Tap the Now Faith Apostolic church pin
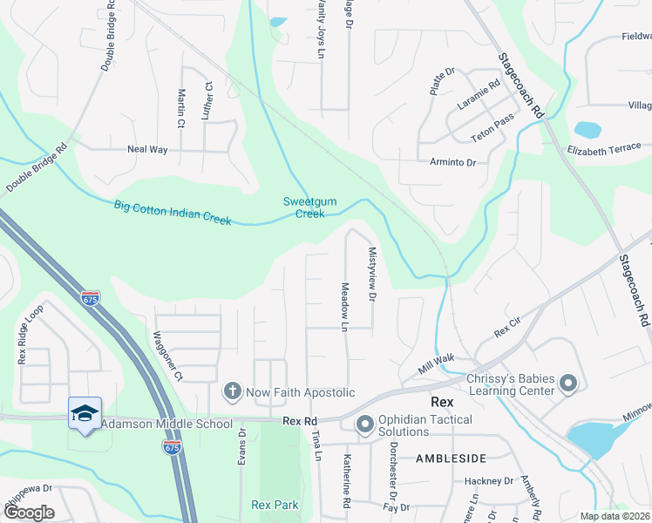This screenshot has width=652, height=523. [x=232, y=392]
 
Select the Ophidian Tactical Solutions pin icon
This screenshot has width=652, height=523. [x=364, y=425]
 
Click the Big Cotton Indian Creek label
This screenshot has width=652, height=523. [x=173, y=213]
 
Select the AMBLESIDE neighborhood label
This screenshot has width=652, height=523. [x=450, y=458]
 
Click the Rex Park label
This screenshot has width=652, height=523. [x=275, y=505]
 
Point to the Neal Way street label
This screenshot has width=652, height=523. [x=146, y=150]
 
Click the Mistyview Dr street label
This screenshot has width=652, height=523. [x=372, y=274]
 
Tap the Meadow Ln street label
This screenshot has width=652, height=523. [x=345, y=306]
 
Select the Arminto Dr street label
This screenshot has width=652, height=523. [x=452, y=162]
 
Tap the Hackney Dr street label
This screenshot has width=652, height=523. [x=488, y=480]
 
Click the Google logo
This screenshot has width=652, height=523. [x=29, y=513]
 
